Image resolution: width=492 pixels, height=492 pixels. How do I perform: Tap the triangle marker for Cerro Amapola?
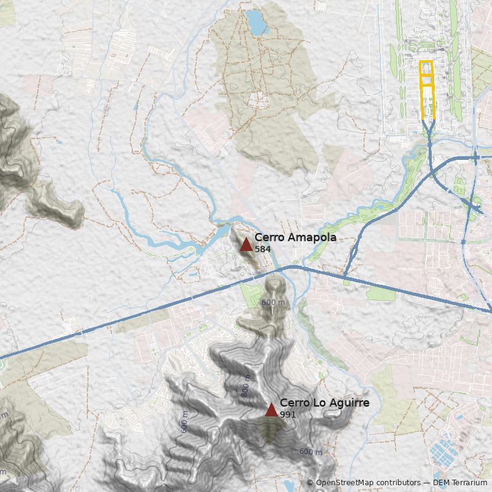click(246, 245)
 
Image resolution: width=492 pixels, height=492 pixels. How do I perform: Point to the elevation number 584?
click(263, 249)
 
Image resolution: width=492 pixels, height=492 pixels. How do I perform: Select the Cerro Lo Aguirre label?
click(324, 403)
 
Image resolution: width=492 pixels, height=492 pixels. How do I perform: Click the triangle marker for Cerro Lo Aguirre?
click(271, 410)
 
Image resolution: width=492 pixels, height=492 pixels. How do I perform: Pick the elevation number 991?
click(288, 415)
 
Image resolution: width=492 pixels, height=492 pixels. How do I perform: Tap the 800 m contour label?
click(247, 385)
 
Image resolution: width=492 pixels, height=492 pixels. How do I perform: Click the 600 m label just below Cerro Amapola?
click(273, 303)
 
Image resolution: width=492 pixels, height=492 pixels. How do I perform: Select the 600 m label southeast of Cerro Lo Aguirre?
click(311, 452)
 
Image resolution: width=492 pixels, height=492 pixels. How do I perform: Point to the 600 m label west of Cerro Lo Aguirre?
click(184, 423)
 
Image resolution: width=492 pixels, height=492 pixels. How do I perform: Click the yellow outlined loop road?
click(426, 89)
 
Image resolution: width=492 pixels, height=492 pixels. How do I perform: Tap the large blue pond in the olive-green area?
click(256, 22)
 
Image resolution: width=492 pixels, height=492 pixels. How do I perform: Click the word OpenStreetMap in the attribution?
click(346, 483)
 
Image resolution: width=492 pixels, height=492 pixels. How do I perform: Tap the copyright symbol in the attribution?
click(310, 483)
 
